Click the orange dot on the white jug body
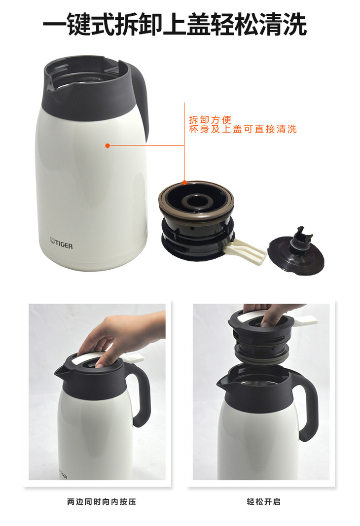[x=108, y=145]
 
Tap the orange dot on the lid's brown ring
[x=184, y=182]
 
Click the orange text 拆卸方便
[x=211, y=120]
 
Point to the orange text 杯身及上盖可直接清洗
[x=243, y=129]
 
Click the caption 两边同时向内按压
[x=101, y=502]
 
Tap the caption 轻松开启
[x=263, y=502]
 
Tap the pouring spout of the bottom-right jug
[x=223, y=382]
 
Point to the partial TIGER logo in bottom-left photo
[x=64, y=474]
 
